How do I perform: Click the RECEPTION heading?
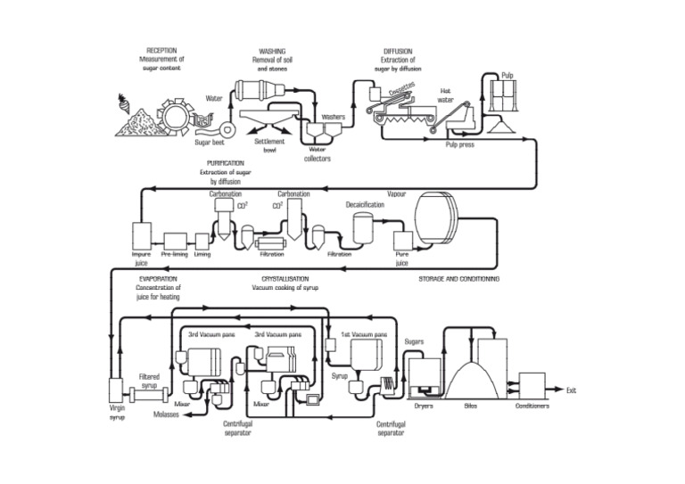161,51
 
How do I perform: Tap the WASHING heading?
272,51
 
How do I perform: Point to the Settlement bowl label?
269,145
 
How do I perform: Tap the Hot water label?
445,94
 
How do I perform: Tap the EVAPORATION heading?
158,279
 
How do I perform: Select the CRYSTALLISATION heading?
279,279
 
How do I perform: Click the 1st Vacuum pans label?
364,334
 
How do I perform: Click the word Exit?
572,390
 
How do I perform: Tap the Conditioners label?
532,406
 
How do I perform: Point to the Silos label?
472,406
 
